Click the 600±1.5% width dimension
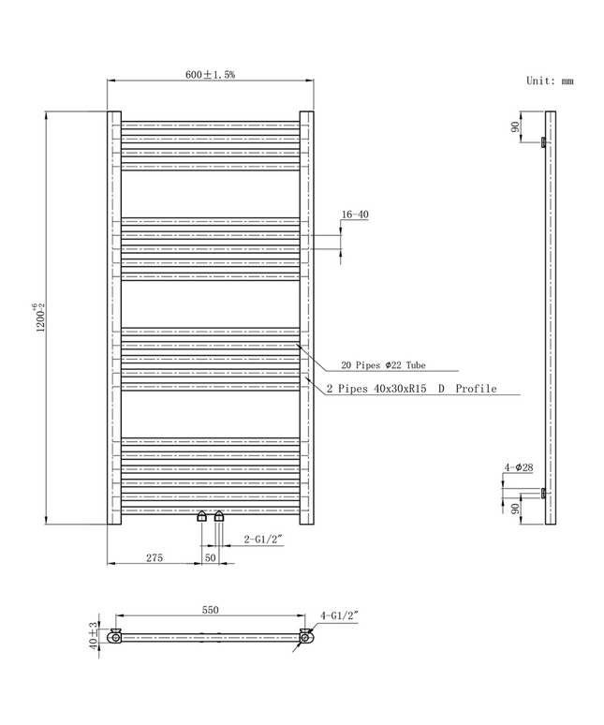tap(210, 74)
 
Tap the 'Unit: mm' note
tap(550, 81)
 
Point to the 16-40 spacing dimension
tap(355, 215)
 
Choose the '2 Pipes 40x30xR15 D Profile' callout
tap(411, 389)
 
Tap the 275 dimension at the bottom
tap(155, 557)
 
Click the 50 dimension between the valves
tap(211, 557)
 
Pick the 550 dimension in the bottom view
tap(210, 610)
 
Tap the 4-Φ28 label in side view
tap(519, 466)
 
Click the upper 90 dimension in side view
tap(515, 127)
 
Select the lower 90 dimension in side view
tap(515, 509)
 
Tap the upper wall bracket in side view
tap(543, 142)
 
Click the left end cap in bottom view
tap(114, 637)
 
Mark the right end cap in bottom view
tap(306, 637)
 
